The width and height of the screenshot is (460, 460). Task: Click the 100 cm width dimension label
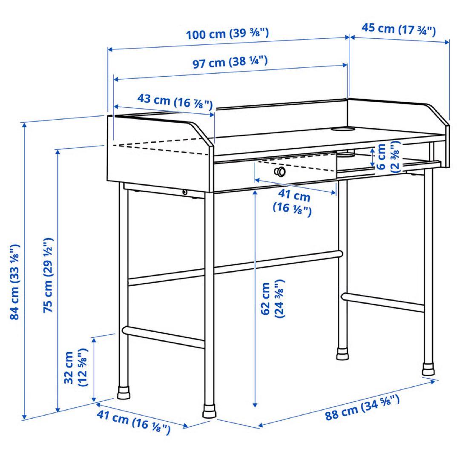(x=227, y=34)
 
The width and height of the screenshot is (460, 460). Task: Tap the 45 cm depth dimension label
(x=399, y=29)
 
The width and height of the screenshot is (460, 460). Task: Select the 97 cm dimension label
(x=230, y=63)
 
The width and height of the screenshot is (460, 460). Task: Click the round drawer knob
(x=280, y=172)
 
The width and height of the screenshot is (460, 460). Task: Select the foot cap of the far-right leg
(x=428, y=369)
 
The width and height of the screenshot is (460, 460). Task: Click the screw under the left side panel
(x=184, y=193)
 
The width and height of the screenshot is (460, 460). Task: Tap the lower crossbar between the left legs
(x=164, y=336)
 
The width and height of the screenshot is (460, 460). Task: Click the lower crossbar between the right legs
(x=383, y=302)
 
